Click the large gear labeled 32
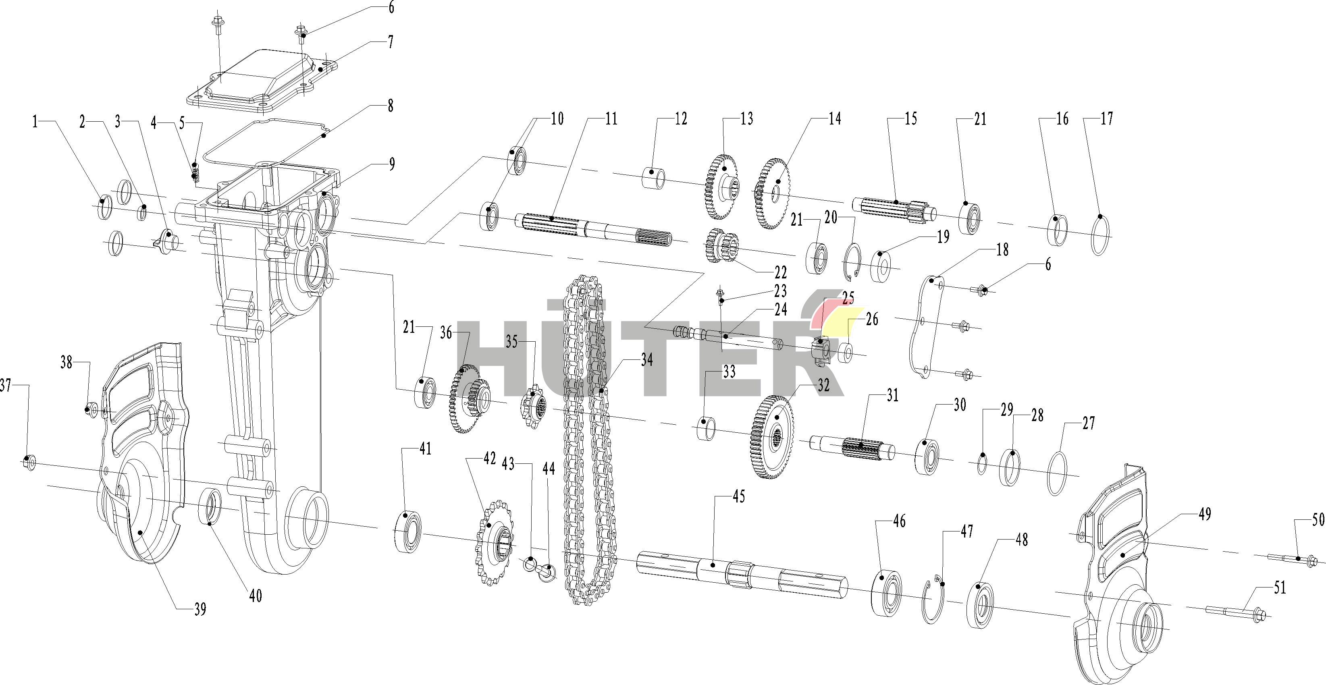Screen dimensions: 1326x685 coord(774,437)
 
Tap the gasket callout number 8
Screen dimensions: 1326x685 coord(390,106)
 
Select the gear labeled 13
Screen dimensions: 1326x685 coord(721,186)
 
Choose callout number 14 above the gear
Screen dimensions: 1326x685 coord(834,119)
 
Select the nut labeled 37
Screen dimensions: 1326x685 coord(29,462)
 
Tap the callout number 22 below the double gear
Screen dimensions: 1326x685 coord(780,272)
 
